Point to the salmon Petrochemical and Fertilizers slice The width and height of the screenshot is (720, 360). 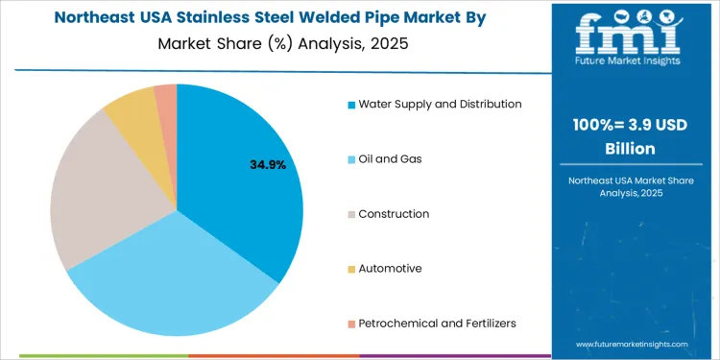(166, 93)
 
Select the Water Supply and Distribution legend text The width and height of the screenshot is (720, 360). (440, 104)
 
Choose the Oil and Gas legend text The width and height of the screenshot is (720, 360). (390, 158)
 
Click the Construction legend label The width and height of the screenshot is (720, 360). (394, 213)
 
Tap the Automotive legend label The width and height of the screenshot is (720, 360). (390, 269)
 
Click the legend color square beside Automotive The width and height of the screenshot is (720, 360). (352, 269)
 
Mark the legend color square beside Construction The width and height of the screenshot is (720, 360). (352, 214)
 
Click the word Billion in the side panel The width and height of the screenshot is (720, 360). (632, 150)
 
